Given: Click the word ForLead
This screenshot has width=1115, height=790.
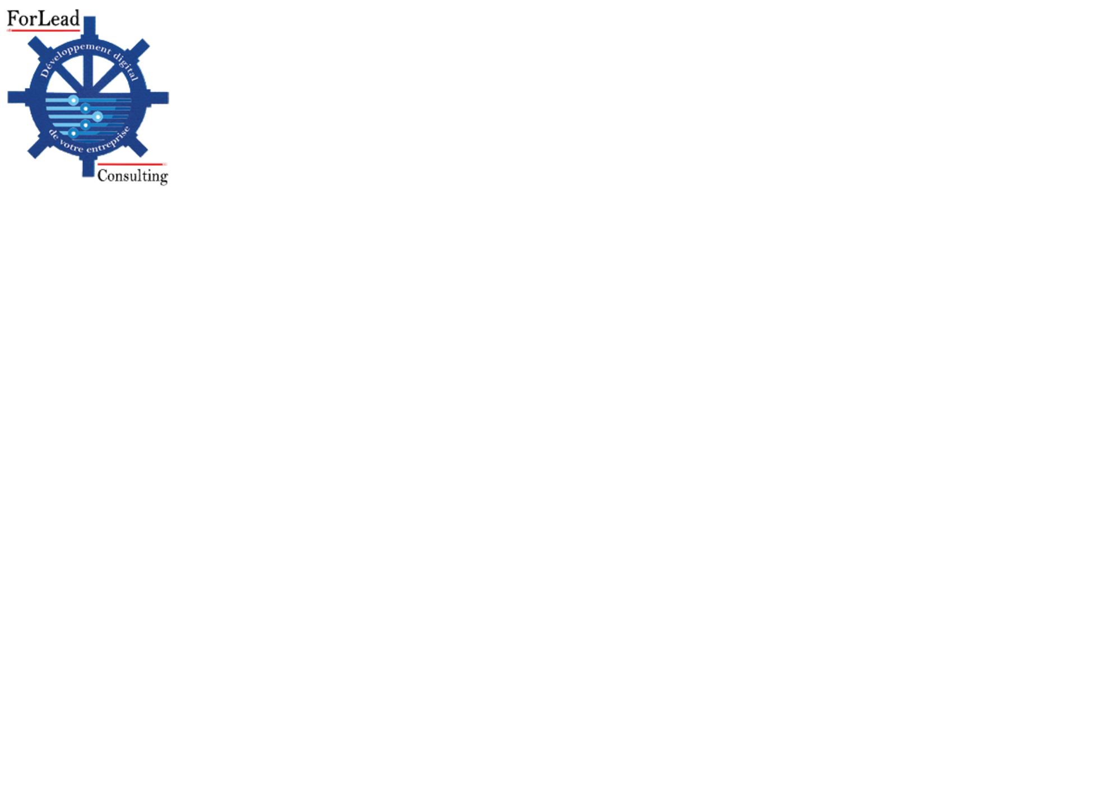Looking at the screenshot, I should (43, 18).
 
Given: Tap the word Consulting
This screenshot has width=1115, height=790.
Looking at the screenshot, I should (132, 176).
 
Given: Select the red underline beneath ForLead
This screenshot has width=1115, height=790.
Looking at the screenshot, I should (43, 31).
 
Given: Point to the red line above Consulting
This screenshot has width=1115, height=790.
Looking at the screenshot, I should (132, 164).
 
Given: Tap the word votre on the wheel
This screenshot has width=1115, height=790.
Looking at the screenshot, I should (71, 146).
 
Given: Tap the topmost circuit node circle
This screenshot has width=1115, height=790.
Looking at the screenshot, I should (73, 100).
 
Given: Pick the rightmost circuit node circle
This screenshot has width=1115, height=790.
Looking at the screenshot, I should (97, 117).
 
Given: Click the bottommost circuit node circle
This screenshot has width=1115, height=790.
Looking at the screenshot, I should (73, 133).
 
